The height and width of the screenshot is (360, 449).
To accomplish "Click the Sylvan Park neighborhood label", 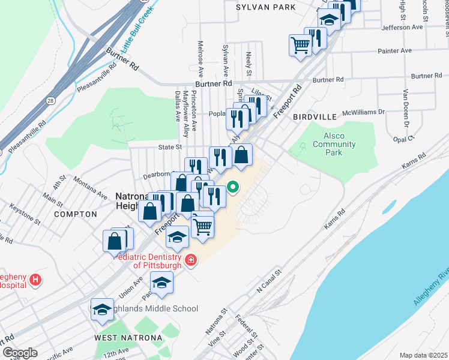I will [x=266, y=7].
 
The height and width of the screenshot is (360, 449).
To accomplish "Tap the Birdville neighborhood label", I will [x=312, y=118].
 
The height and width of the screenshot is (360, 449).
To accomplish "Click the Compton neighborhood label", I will [x=75, y=214].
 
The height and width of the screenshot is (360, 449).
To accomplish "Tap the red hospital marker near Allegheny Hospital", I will [x=36, y=279].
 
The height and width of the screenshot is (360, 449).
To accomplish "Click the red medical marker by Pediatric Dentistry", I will [x=191, y=260].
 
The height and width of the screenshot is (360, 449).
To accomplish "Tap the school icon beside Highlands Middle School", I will [x=101, y=310].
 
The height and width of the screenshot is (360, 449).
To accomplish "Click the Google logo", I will [x=19, y=353].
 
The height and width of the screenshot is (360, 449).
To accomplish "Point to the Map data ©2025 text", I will [x=423, y=355].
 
